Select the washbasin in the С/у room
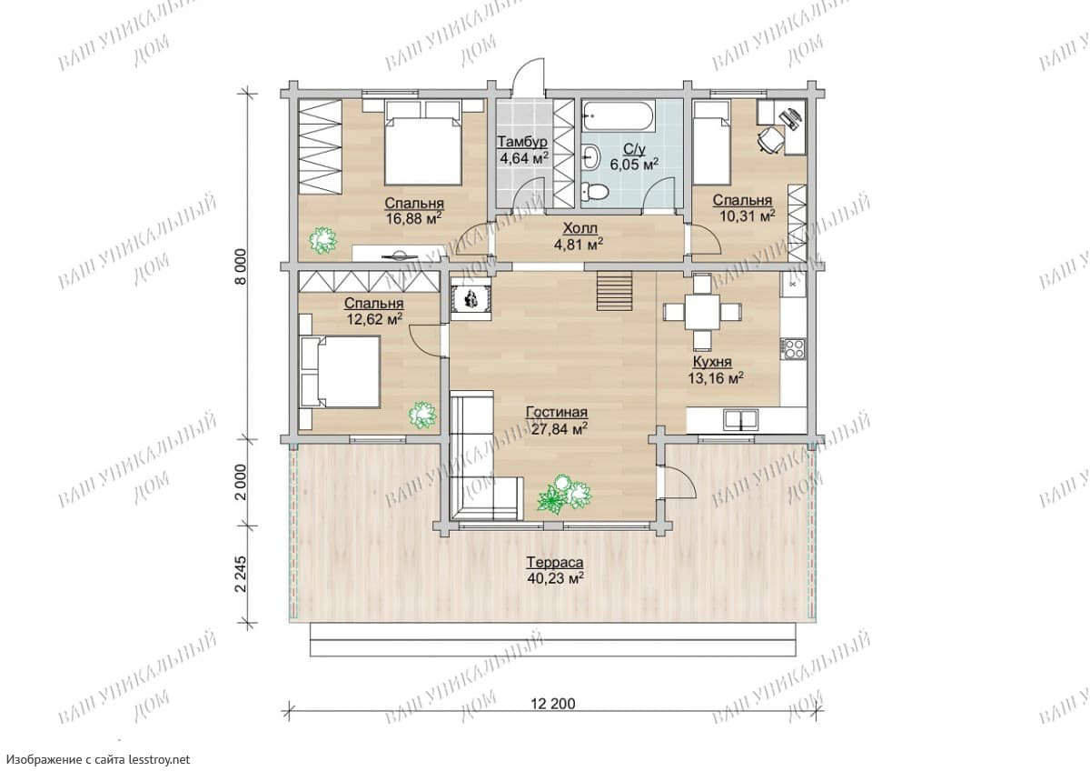point(591,156)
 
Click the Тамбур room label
point(522,142)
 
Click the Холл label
point(580,228)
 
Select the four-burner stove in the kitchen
point(793,348)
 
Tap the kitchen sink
point(740,420)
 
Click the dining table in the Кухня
point(702,312)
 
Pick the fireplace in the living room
point(471,298)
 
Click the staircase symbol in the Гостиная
point(615,291)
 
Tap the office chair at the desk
point(770,140)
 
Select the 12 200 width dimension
point(553,704)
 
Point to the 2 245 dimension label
point(242,575)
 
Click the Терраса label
point(555,563)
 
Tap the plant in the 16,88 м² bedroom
point(323,241)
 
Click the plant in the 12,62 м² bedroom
point(421,416)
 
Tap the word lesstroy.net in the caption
point(159,759)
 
